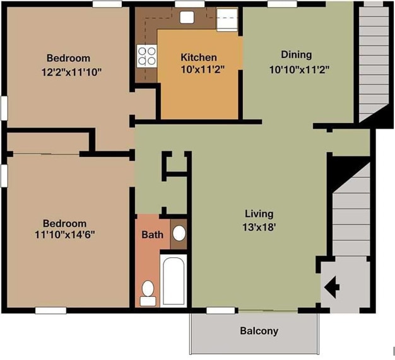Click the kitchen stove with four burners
(x=146, y=56)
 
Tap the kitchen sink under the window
(x=187, y=18)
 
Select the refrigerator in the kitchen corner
(x=227, y=20)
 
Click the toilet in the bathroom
(x=148, y=294)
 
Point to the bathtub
(x=174, y=281)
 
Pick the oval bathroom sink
(x=179, y=233)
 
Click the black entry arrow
(x=332, y=287)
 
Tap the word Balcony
(x=259, y=331)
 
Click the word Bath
(x=153, y=235)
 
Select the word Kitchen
(x=199, y=57)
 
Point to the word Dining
(x=297, y=55)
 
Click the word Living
(x=259, y=214)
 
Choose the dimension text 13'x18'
(x=259, y=228)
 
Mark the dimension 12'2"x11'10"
(x=71, y=73)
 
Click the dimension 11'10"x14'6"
(x=65, y=235)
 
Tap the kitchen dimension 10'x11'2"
(x=203, y=69)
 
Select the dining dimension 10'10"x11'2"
(x=299, y=69)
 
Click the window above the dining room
(x=282, y=4)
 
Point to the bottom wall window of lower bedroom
(x=50, y=310)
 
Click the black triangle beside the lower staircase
(x=343, y=171)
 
